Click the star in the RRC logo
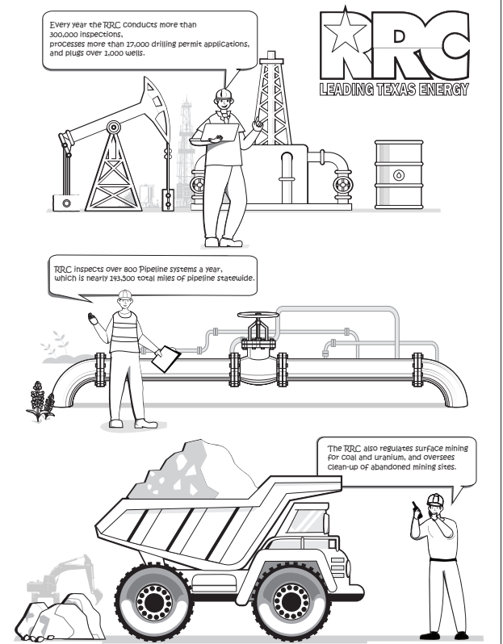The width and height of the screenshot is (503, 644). tap(345, 31)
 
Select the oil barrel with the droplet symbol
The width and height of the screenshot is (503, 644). tap(399, 174)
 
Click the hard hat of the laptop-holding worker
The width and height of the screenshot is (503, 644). tap(224, 94)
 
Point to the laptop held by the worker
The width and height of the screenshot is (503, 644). tap(220, 132)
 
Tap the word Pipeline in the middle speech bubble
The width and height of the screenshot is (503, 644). tap(153, 270)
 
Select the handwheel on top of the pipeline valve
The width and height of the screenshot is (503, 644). tap(258, 315)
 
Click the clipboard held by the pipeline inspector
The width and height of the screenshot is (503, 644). tap(166, 359)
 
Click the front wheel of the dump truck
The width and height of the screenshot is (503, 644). tap(291, 601)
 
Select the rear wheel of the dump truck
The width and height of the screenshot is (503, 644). tap(154, 602)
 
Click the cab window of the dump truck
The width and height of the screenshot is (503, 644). tap(306, 521)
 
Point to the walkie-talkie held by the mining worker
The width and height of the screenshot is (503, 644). tap(417, 510)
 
